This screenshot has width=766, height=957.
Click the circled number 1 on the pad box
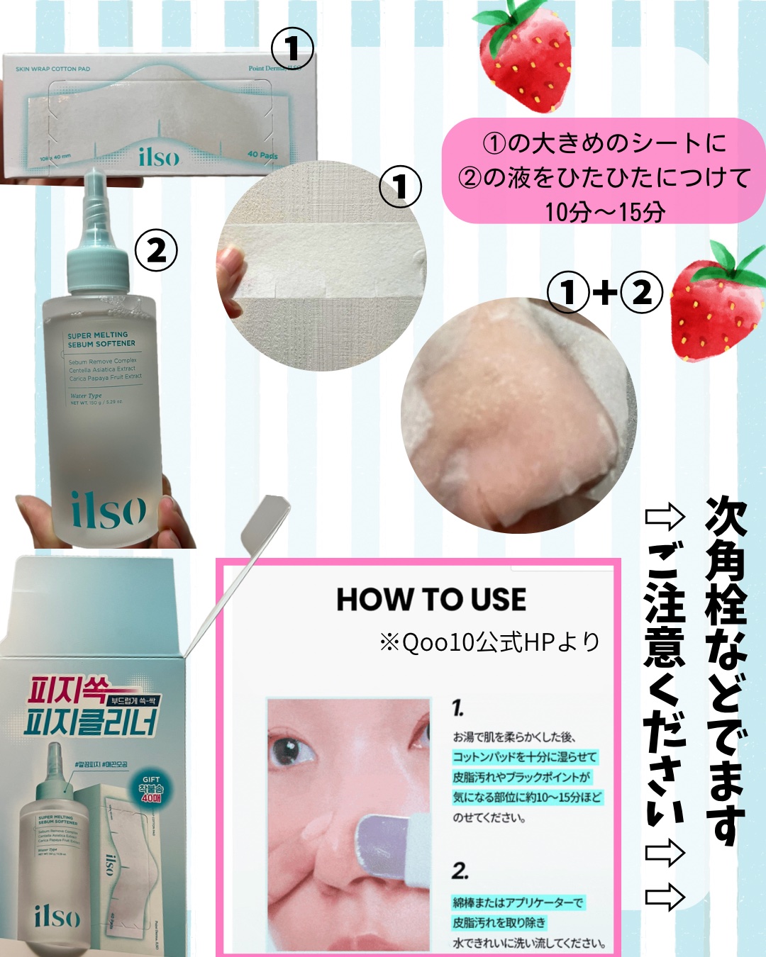click(292, 49)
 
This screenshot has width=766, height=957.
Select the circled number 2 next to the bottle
click(156, 250)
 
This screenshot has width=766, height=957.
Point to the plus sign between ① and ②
click(605, 292)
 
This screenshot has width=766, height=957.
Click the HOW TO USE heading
click(431, 600)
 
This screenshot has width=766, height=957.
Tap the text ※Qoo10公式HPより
click(490, 642)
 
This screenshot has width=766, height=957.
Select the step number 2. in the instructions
click(460, 871)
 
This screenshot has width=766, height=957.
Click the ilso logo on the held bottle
click(109, 510)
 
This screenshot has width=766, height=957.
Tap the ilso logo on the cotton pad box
click(159, 156)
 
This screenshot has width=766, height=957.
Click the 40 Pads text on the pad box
click(262, 155)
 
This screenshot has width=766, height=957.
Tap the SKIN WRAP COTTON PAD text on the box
click(52, 69)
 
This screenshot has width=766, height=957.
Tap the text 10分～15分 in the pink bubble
click(604, 211)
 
